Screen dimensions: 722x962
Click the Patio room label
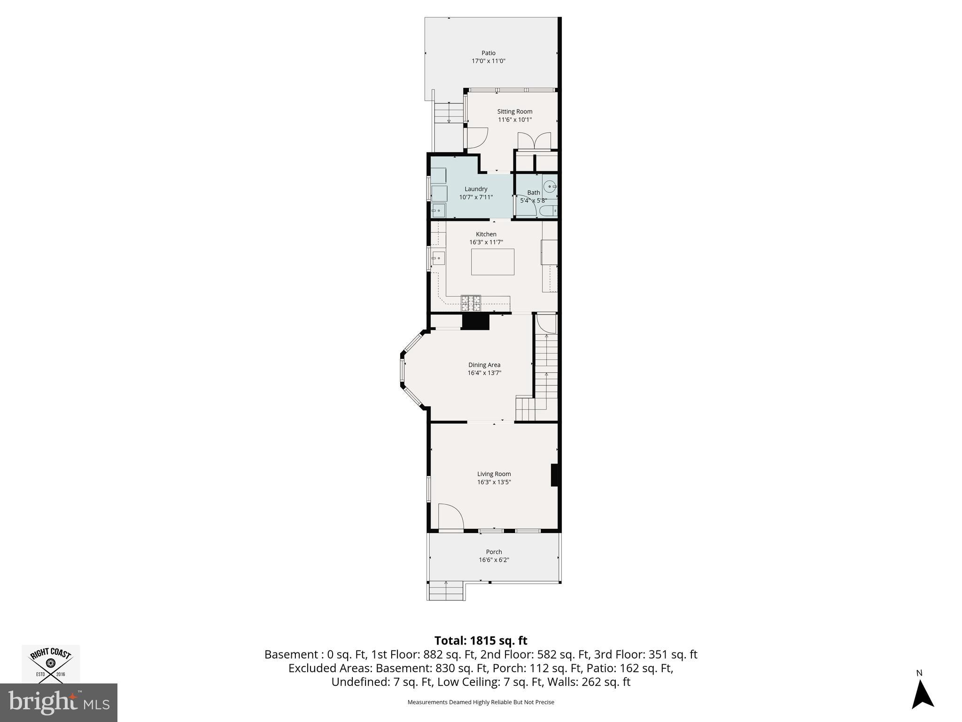coord(488,53)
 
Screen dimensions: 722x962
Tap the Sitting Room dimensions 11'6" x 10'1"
coord(515,119)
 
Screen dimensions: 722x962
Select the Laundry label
coord(476,189)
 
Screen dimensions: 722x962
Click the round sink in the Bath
coord(549,187)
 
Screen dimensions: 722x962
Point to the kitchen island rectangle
coord(492,262)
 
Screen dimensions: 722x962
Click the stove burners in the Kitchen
coord(471,303)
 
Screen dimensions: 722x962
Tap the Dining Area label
coord(484,365)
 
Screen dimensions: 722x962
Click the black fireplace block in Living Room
coord(554,475)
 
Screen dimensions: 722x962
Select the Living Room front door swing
coord(450,517)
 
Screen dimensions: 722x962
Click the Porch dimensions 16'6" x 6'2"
coord(494,560)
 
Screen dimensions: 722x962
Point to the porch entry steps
coord(446,591)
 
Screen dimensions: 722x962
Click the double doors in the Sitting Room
coord(534,141)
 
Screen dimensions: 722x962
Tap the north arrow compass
coord(922,695)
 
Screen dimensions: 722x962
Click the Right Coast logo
coord(51,664)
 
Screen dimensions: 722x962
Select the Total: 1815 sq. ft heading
coord(481,641)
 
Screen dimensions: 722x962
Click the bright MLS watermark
coord(58,703)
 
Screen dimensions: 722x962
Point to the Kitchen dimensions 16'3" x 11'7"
coord(486,242)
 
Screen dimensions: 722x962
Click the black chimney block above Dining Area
coord(475,322)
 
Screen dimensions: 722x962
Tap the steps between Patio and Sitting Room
coord(449,113)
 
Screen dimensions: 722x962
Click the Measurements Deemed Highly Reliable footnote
coord(481,702)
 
